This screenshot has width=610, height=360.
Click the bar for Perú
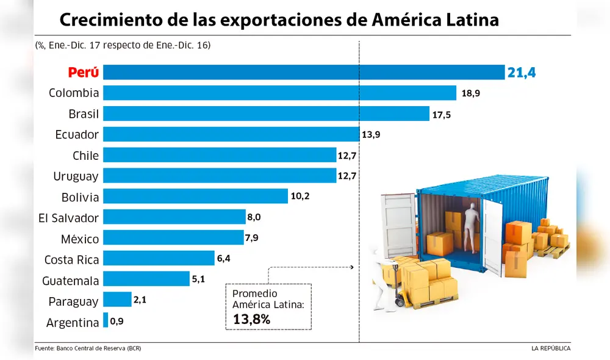(x=304, y=72)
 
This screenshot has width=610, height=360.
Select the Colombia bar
(x=279, y=93)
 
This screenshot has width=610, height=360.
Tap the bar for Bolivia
(x=195, y=196)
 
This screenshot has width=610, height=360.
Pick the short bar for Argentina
(x=106, y=320)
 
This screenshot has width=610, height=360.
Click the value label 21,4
(x=521, y=73)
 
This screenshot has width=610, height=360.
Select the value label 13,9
(x=371, y=135)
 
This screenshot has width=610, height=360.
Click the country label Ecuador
(x=76, y=134)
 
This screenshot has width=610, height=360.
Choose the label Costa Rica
(x=71, y=259)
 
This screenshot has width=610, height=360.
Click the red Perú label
(x=83, y=72)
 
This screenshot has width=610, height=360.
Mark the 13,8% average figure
(x=251, y=318)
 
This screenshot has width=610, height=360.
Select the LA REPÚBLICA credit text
(x=550, y=348)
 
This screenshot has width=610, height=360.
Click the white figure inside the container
(x=470, y=229)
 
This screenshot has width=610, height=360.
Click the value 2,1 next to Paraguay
(x=141, y=300)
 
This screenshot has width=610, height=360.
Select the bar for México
(x=173, y=237)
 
